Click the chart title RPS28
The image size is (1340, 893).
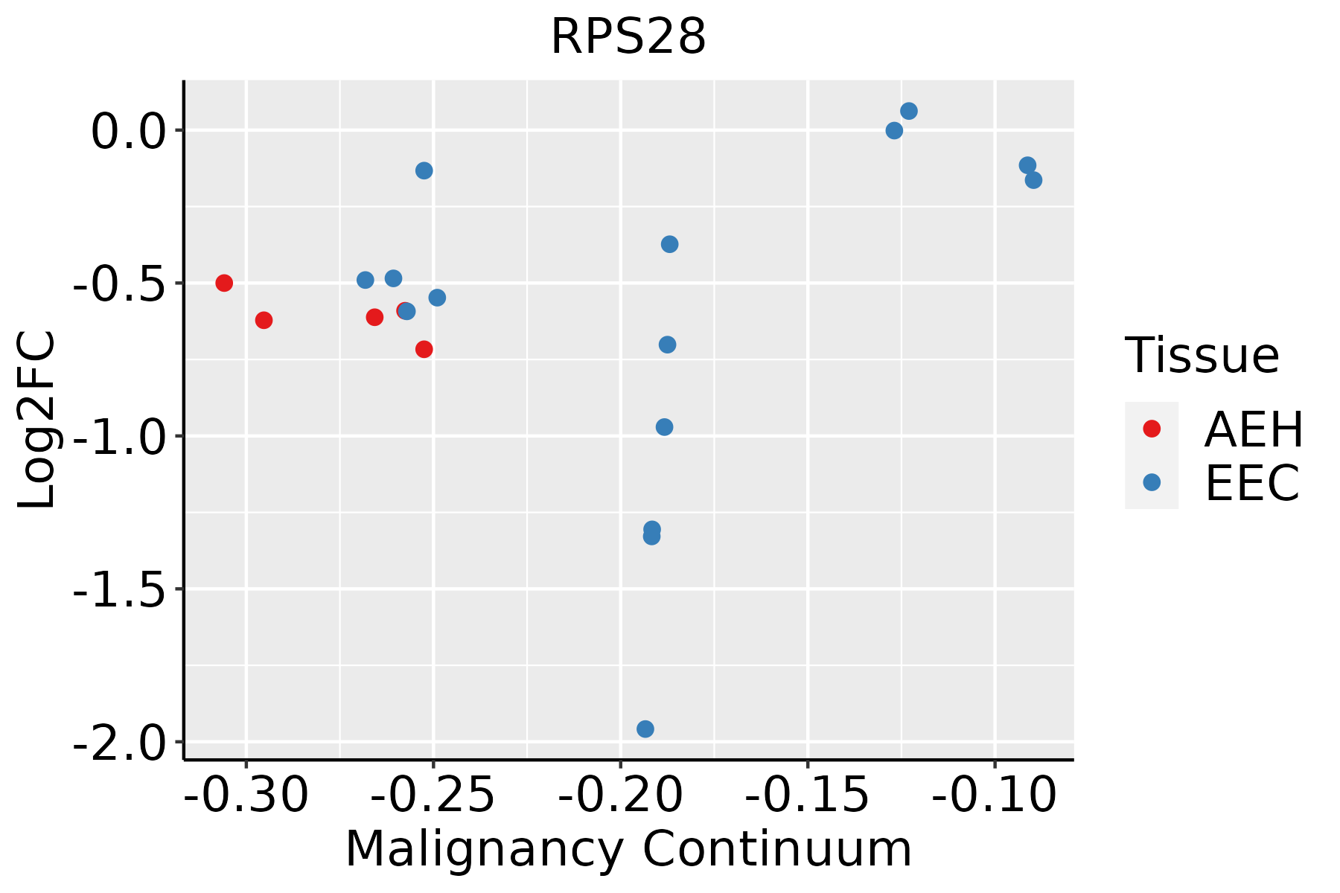click(x=628, y=37)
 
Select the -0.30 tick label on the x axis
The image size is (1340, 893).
click(x=246, y=795)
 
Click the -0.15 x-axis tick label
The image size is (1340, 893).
click(x=807, y=795)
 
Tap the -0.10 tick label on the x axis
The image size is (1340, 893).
click(x=995, y=795)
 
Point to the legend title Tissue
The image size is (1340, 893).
click(x=1202, y=355)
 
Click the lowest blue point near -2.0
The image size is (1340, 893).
click(x=645, y=729)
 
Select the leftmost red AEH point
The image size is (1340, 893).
click(x=224, y=283)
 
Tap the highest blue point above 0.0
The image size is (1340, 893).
click(x=909, y=111)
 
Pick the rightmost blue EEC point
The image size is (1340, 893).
click(x=1033, y=180)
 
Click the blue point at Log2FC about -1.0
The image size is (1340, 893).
click(x=664, y=427)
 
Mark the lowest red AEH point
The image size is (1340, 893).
click(x=424, y=349)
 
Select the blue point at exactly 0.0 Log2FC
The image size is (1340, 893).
click(x=894, y=131)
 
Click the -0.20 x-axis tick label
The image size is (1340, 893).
click(x=620, y=795)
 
